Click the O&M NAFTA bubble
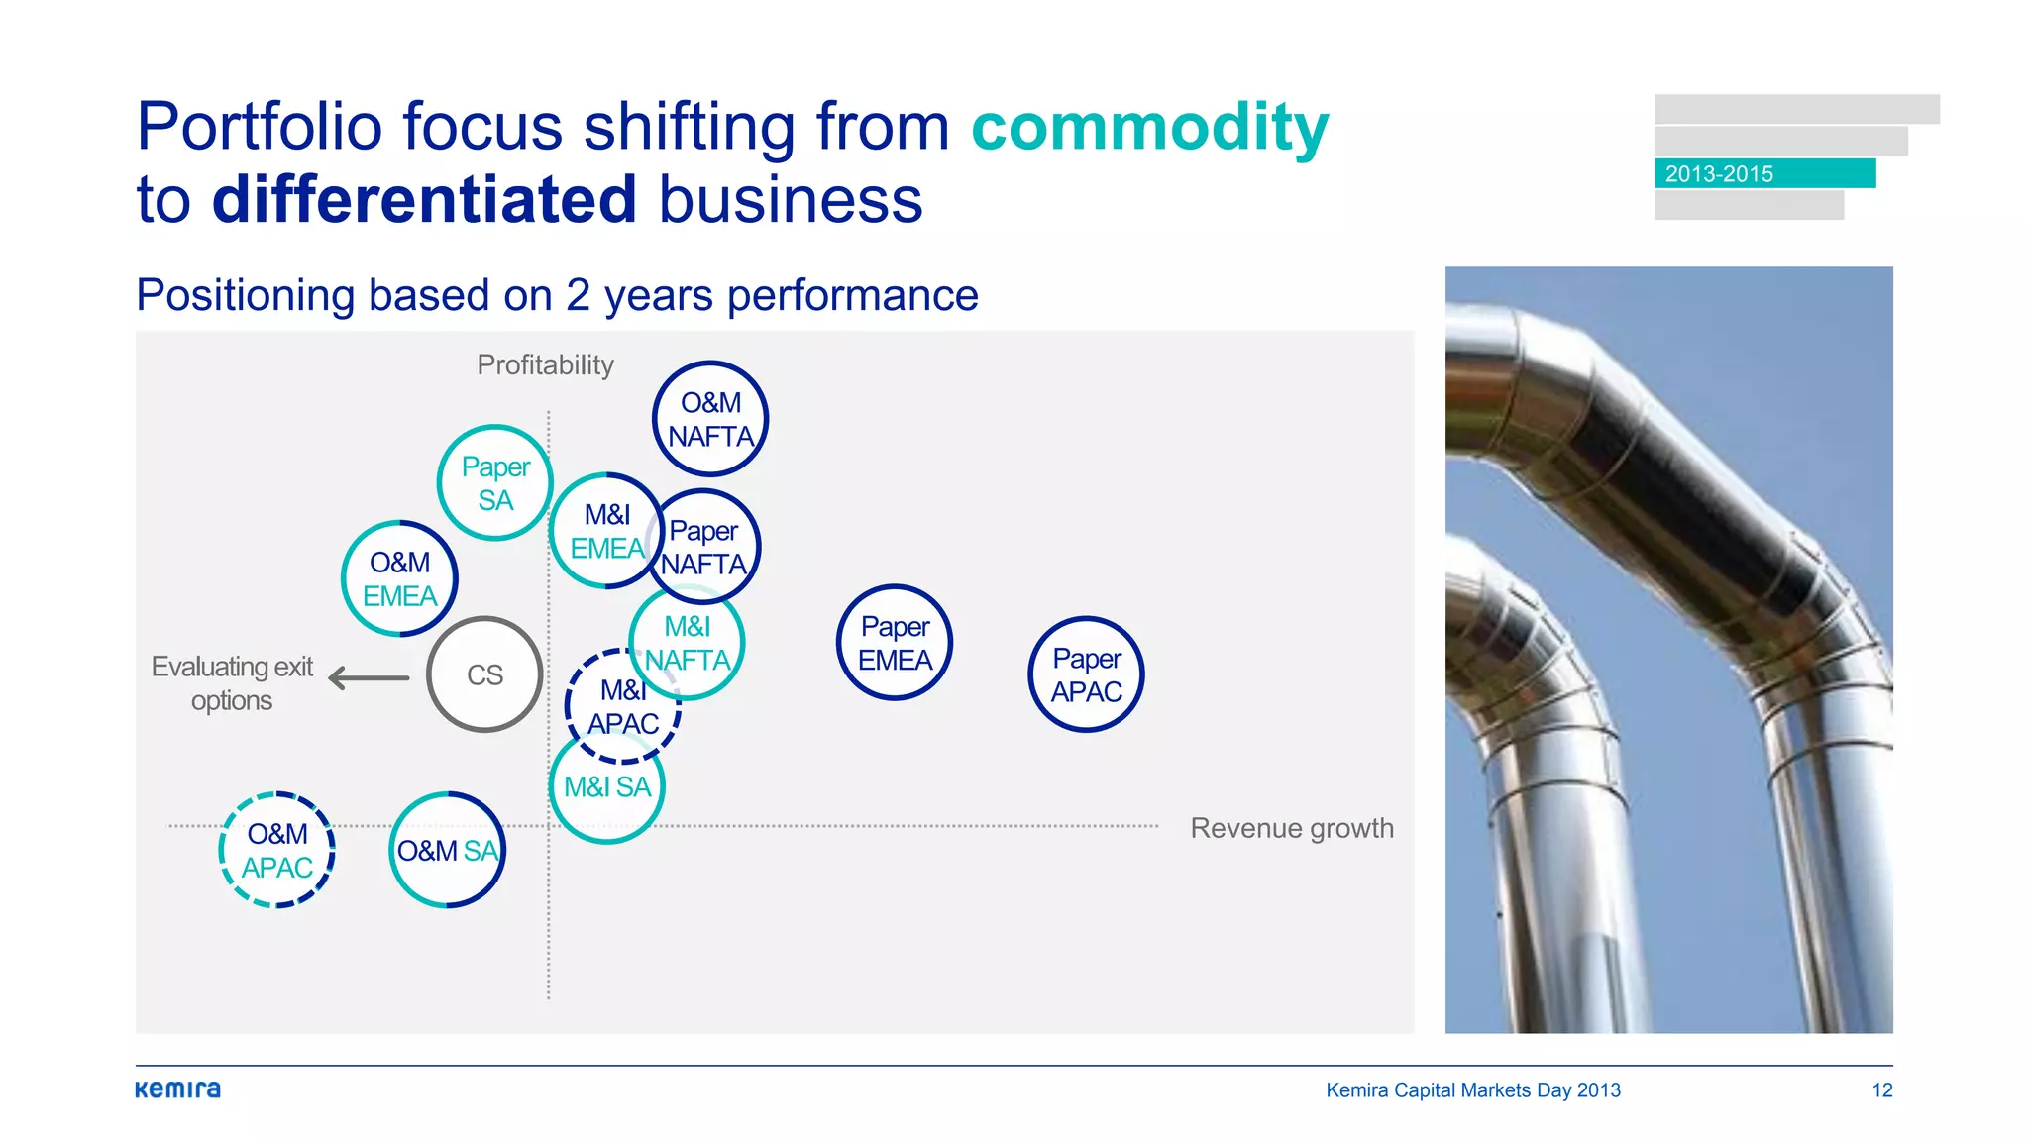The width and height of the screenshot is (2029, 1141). tap(710, 419)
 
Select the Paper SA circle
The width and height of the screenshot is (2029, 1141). tap(495, 483)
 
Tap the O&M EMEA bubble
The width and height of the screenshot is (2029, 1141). tap(399, 578)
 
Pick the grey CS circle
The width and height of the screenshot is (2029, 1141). tap(484, 674)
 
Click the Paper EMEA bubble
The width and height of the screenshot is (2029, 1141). tap(895, 643)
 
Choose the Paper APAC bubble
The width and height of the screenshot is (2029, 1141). tap(1086, 674)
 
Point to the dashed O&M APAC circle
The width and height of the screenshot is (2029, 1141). tap(277, 850)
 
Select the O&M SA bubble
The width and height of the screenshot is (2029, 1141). tap(448, 850)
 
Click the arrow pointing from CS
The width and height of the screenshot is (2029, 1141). tap(369, 678)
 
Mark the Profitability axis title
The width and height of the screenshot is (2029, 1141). tap(545, 365)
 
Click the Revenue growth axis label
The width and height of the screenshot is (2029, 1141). tap(1291, 828)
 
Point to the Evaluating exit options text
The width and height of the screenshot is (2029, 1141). tap(232, 683)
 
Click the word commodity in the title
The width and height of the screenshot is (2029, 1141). tap(1149, 127)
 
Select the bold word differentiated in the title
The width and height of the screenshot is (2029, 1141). tap(424, 199)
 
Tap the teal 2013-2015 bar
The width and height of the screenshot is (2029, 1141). tap(1764, 173)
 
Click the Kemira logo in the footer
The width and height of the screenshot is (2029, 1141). tap(178, 1089)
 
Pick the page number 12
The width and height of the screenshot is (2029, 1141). tap(1881, 1090)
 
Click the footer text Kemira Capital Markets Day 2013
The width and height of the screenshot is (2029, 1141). tap(1473, 1090)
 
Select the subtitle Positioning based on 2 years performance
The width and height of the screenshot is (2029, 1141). tap(557, 295)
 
